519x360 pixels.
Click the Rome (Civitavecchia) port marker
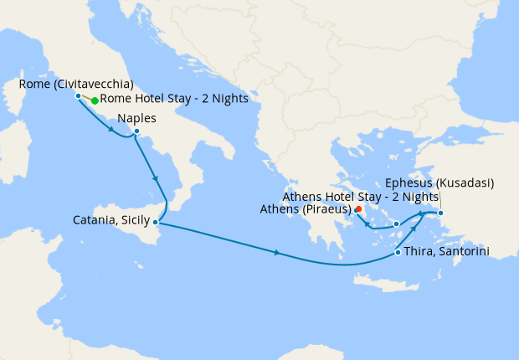[78, 95]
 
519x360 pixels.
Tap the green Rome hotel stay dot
[95, 100]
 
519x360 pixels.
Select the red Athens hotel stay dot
[358, 209]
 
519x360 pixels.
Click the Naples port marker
[136, 131]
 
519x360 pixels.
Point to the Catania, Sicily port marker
[156, 222]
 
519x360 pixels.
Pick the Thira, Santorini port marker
[397, 254]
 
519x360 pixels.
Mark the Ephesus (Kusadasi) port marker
[441, 212]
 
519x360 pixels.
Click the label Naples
[137, 118]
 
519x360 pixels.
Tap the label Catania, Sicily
[111, 221]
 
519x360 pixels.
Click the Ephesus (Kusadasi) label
[439, 183]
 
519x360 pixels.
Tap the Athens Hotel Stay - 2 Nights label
[361, 196]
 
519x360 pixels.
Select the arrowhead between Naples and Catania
[155, 177]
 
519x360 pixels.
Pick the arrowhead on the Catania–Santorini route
[276, 253]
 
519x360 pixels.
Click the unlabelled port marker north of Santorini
[396, 224]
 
